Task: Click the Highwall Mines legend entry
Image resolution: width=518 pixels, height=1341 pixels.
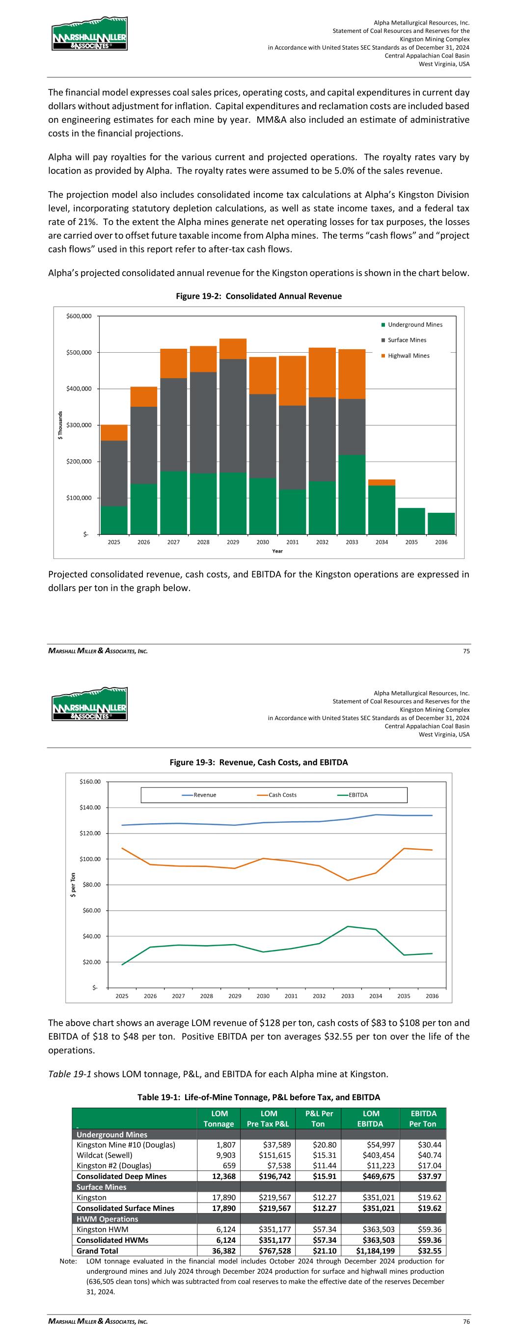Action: click(408, 356)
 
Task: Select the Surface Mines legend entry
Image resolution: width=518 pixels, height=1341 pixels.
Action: click(407, 340)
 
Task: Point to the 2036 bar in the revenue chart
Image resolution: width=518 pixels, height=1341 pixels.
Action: click(441, 523)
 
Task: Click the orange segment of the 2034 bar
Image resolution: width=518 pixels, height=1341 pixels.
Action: click(382, 482)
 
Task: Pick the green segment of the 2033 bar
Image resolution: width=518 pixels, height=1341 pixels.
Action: click(352, 495)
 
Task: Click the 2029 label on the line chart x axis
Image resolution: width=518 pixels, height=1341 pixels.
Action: click(235, 996)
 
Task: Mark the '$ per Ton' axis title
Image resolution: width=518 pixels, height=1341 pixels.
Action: click(74, 885)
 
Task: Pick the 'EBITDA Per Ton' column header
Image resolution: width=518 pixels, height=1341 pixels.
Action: click(423, 1118)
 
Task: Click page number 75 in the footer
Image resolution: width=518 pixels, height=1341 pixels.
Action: click(465, 651)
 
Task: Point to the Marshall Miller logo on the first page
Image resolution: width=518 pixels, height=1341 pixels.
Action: click(89, 34)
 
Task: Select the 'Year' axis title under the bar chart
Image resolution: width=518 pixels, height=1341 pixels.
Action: click(277, 551)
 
